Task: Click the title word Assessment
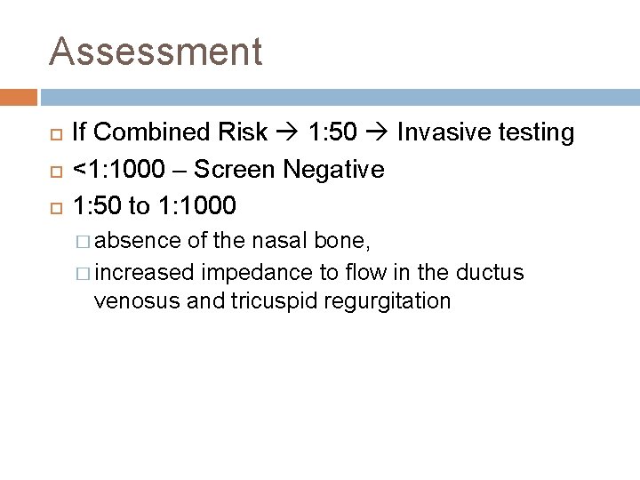pyautogui.click(x=156, y=52)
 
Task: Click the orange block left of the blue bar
pyautogui.click(x=18, y=97)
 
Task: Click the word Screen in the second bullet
pyautogui.click(x=235, y=169)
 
